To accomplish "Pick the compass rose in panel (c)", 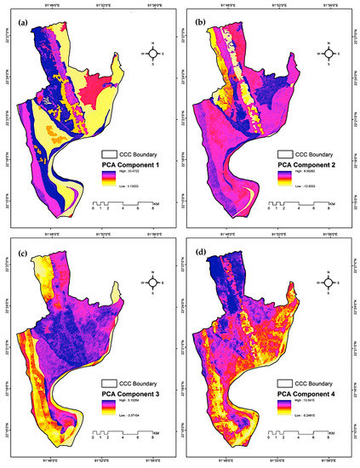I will coord(152,287).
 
